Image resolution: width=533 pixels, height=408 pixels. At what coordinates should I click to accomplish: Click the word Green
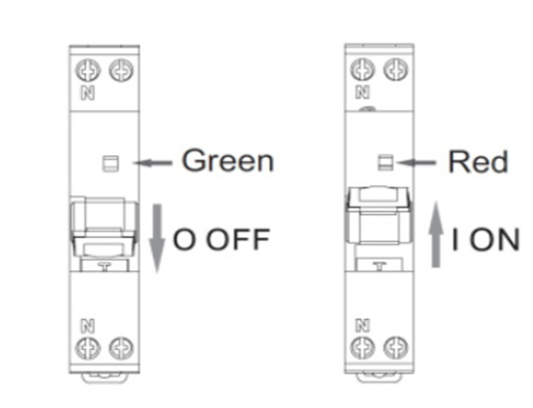point(228,160)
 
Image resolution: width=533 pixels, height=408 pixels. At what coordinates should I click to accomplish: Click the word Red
point(479,161)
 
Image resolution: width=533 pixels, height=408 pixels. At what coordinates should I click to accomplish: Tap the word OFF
point(238,239)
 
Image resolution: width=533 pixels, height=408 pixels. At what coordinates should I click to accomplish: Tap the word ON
point(495,239)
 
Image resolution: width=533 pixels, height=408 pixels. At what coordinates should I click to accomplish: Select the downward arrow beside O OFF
point(157,238)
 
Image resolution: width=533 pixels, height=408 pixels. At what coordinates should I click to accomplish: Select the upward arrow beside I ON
point(436,235)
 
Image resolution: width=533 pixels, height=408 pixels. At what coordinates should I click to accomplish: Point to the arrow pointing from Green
point(153,163)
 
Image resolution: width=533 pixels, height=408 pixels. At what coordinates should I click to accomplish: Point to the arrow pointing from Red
point(417,163)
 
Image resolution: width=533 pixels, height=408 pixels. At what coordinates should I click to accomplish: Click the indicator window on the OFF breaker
point(111,163)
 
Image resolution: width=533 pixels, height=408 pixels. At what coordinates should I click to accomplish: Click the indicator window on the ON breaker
point(386,162)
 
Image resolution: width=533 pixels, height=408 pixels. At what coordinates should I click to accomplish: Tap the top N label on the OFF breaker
point(88,92)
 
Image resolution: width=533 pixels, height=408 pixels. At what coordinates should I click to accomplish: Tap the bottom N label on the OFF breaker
point(88,325)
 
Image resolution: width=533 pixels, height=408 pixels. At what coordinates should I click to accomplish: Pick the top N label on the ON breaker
point(362,92)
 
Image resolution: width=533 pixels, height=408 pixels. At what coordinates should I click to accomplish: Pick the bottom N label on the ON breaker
point(362,325)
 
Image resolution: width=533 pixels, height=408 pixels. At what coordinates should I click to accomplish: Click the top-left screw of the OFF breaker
point(88,70)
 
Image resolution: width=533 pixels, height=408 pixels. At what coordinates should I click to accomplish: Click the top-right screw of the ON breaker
point(396,69)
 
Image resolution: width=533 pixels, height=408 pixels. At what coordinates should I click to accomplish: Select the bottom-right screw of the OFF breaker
point(121,348)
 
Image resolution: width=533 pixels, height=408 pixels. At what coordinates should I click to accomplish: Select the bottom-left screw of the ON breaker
point(362,347)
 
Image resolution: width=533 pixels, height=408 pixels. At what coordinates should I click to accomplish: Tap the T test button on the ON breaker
point(379,265)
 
